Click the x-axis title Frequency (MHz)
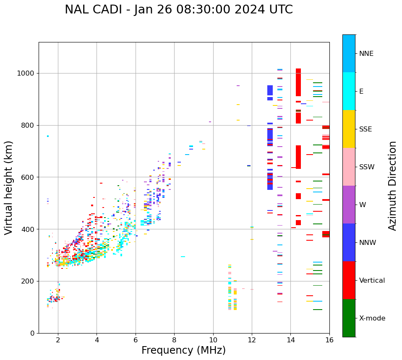point(183,350)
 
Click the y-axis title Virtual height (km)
point(9,188)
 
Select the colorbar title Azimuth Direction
point(392,186)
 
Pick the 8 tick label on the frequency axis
point(174,340)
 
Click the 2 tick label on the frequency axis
point(58,340)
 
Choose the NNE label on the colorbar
point(366,54)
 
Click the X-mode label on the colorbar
point(372,318)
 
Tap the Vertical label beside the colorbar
point(372,281)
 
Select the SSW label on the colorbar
point(367,167)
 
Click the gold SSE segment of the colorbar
point(349,129)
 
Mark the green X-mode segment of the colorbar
point(349,318)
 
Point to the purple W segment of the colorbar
point(349,205)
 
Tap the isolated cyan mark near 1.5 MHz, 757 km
point(48,136)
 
